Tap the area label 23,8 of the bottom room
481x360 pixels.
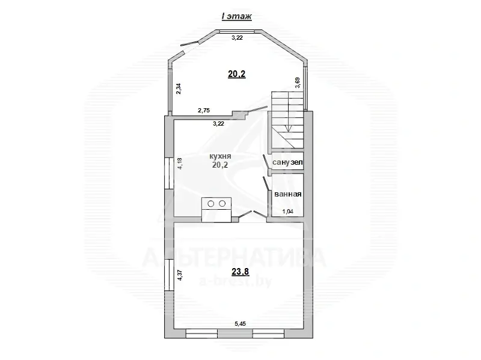click(240, 271)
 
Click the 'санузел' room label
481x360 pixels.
click(288, 162)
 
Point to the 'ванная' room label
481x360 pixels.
click(287, 194)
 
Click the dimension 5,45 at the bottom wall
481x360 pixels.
click(240, 323)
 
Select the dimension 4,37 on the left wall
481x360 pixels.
click(179, 275)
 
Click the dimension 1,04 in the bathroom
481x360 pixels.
click(289, 211)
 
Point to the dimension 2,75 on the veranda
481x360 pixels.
click(206, 111)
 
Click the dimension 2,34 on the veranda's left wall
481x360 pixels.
click(179, 88)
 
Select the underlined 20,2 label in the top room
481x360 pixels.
click(236, 74)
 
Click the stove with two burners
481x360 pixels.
click(217, 204)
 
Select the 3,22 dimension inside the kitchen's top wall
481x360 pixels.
click(219, 124)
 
